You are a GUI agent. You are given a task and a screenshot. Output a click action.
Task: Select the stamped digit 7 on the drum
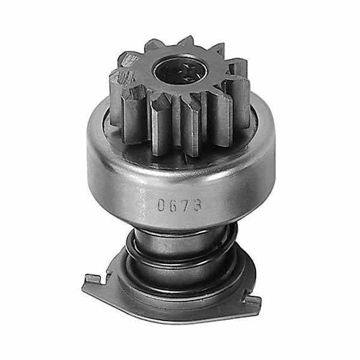[185, 205]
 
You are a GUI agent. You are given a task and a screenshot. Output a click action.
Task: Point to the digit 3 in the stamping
[197, 205]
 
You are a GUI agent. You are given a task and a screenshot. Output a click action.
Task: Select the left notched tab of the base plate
[94, 280]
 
